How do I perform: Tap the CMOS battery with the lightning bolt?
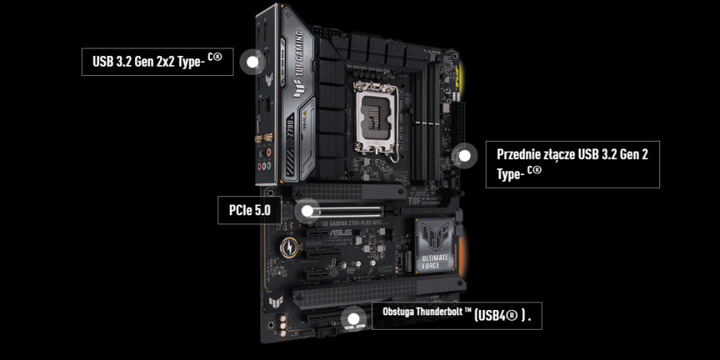289,247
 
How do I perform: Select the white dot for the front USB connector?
465,156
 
